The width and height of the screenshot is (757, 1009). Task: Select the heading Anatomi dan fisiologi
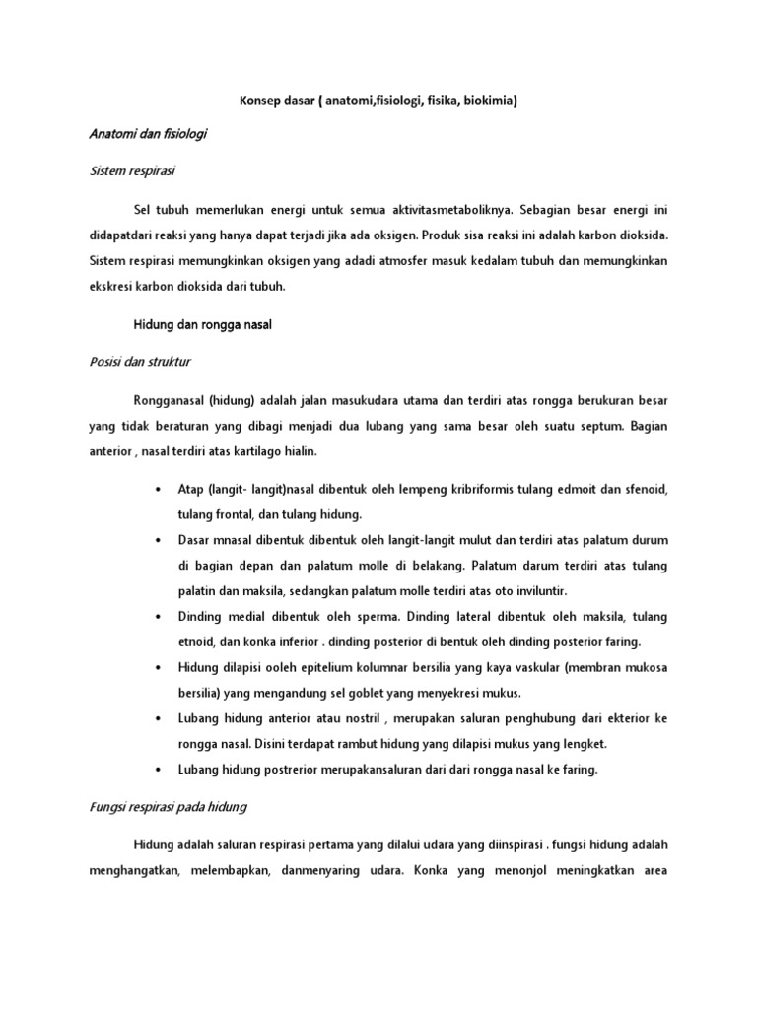tap(148, 132)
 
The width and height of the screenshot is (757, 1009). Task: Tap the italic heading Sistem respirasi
tap(132, 170)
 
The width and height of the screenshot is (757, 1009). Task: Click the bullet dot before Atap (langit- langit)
tap(159, 490)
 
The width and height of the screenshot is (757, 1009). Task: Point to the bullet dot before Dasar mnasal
tap(159, 541)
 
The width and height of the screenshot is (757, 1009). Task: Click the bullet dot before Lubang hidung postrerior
tap(159, 771)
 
